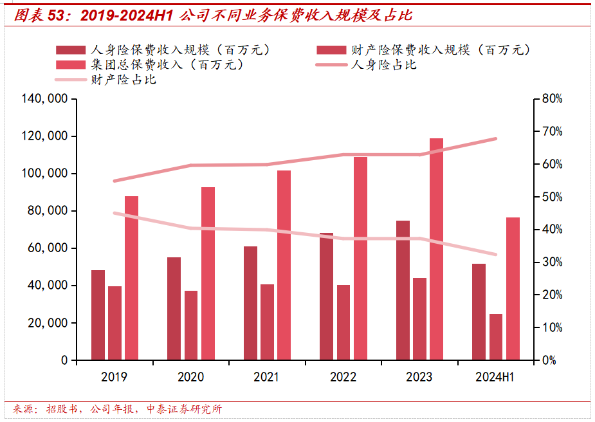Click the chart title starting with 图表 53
[x=212, y=15]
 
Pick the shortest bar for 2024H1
[x=495, y=337]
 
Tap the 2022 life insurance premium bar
[x=327, y=297]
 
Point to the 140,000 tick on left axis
[x=46, y=99]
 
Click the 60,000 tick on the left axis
[x=49, y=248]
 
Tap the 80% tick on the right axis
[x=552, y=99]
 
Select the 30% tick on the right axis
[x=552, y=262]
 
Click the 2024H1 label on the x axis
[x=495, y=377]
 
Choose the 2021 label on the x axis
[x=267, y=377]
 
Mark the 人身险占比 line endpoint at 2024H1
[x=496, y=139]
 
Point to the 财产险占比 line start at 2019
[x=114, y=213]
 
